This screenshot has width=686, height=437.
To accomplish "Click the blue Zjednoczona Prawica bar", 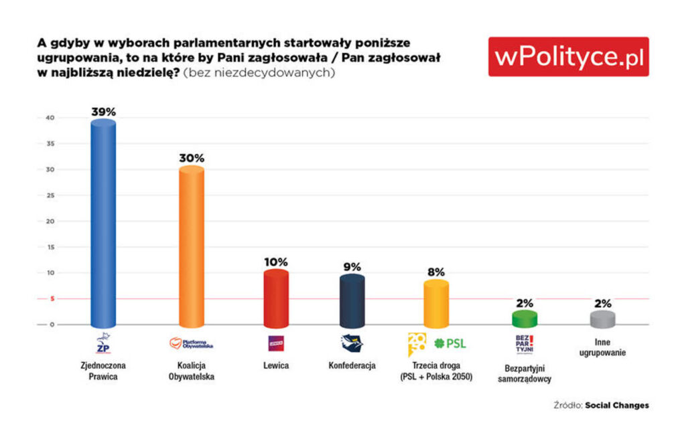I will coord(103,224).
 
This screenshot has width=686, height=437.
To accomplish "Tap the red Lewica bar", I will coord(275,298).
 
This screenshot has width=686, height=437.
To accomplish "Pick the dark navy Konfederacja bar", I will coord(352,300).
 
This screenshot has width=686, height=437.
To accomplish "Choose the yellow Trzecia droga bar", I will coord(436,303).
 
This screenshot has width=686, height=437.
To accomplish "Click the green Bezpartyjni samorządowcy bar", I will coord(525,319).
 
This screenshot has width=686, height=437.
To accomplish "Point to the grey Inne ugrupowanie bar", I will coord(602,319).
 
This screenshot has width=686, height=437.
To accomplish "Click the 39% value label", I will coord(104,112).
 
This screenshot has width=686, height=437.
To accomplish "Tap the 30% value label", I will coord(191,158).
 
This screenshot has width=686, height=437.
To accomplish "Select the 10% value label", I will coord(275,261).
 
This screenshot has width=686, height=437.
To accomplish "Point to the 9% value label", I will coord(352,266).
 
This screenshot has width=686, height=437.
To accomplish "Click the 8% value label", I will coord(436,272).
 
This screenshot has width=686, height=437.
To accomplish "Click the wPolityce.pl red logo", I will coord(568,57).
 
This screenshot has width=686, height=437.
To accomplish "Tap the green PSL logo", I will coord(450,343).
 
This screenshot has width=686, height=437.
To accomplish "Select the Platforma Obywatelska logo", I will coord(191,343).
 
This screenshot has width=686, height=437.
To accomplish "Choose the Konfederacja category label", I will coord(352,365).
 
